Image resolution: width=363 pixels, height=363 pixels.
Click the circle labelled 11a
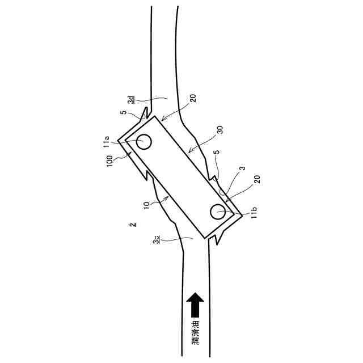[x=144, y=141]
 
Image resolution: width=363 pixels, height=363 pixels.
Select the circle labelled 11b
[x=218, y=212]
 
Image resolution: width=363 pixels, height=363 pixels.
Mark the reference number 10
[x=146, y=205]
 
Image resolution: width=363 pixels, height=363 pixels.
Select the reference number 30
[x=221, y=130]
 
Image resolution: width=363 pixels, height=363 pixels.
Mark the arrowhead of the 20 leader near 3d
[x=161, y=120]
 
